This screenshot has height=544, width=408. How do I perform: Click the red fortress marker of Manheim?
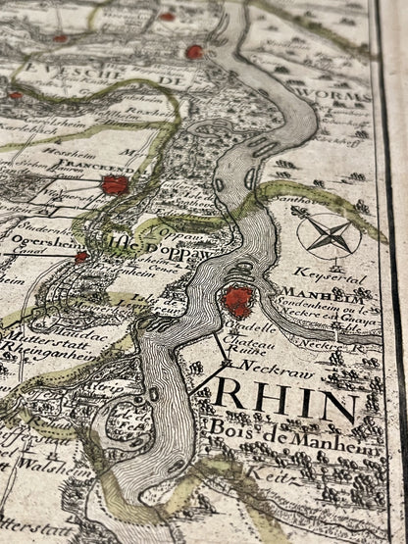[x=236, y=300]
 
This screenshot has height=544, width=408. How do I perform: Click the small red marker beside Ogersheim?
[x=81, y=256]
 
